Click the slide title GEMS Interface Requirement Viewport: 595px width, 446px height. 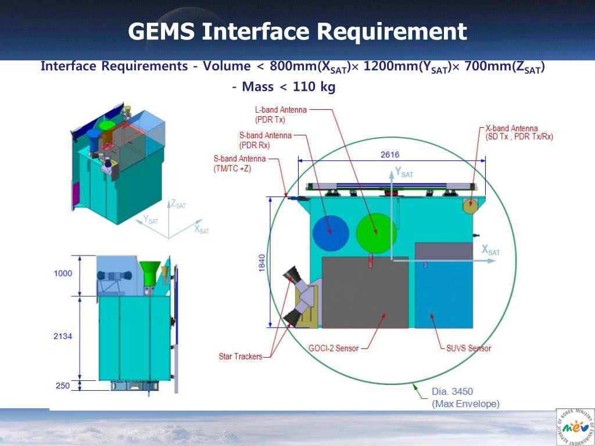tap(297, 31)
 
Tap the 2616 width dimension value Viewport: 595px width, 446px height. tap(390, 154)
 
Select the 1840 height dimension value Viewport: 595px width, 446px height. tap(262, 263)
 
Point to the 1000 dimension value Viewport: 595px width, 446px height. tap(63, 274)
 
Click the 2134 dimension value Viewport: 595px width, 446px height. tap(63, 336)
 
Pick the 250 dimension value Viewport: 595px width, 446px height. tap(63, 386)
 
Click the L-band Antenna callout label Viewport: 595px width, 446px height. tap(281, 114)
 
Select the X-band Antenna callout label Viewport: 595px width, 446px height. tap(519, 133)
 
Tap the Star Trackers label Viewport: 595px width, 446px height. tap(240, 357)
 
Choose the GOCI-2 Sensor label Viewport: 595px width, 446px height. tap(333, 348)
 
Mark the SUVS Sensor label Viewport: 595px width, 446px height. tap(468, 348)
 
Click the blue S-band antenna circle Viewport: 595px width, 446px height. tap(331, 233)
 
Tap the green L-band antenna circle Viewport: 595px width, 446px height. tap(377, 233)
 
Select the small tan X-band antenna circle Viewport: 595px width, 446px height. tap(470, 206)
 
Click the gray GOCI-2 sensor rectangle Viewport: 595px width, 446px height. tap(365, 293)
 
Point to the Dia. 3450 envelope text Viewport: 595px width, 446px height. tap(452, 391)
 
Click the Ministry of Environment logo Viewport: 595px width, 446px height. tap(575, 427)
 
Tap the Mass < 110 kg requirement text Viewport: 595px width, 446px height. tap(284, 87)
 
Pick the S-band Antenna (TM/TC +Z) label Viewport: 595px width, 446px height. tap(239, 163)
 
